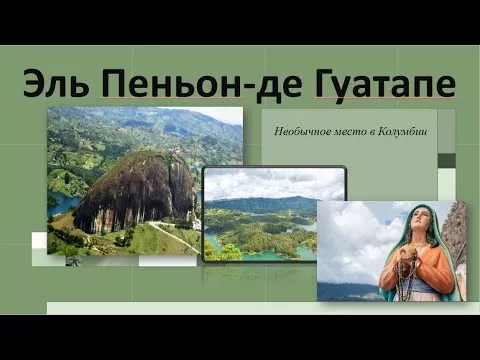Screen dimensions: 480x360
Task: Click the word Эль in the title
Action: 56,83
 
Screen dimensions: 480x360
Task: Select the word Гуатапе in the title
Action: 384,84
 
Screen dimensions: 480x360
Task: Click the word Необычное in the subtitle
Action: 302,132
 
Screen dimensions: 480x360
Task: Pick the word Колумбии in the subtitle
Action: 403,132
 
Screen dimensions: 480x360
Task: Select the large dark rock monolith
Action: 133,193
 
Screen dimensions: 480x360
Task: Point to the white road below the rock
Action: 173,235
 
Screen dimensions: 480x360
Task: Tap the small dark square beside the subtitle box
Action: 447,161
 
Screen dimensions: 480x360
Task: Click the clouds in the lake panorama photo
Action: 273,183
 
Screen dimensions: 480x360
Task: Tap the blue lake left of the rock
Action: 62,203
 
